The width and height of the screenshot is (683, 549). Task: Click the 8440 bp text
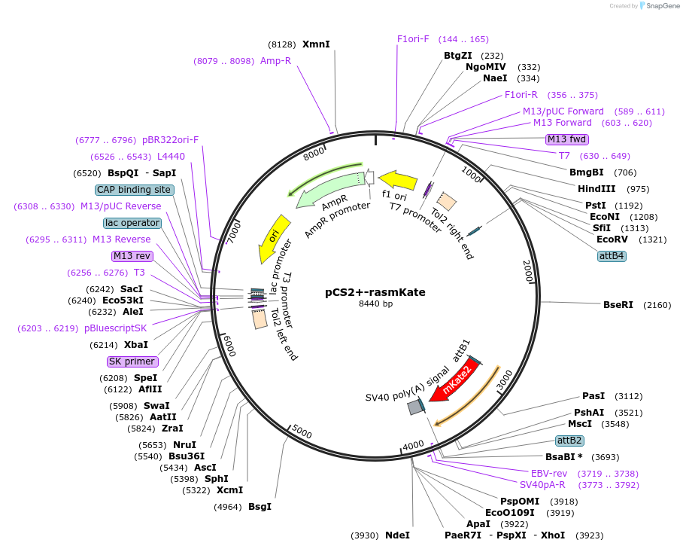pos(375,303)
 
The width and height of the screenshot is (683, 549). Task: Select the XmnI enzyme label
pos(316,44)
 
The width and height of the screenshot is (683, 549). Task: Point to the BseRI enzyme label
pos(618,305)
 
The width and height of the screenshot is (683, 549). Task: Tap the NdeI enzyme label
pos(397,535)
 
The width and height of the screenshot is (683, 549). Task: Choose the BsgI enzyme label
pos(260,507)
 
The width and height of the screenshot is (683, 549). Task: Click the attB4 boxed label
pos(612,256)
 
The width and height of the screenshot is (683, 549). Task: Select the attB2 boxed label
pos(569,441)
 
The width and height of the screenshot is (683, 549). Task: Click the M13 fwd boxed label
pos(567,139)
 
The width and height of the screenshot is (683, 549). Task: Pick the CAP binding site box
pos(135,190)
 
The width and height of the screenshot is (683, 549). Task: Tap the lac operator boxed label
pos(132,223)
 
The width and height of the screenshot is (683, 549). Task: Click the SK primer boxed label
pos(132,361)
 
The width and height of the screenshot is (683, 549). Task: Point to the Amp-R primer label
pos(275,61)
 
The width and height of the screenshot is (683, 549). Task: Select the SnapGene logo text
pos(662,6)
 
